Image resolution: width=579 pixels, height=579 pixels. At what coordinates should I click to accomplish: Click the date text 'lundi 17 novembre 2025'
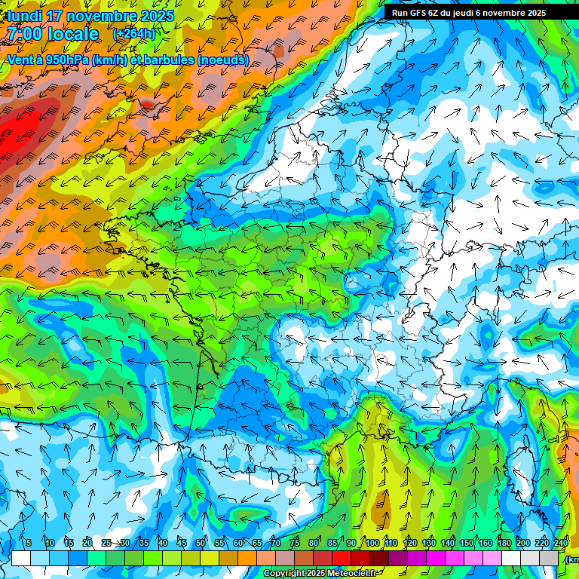90,16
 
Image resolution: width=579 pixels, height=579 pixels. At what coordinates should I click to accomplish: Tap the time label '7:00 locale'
53,34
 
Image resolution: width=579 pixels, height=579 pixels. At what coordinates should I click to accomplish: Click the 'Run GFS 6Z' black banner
469,13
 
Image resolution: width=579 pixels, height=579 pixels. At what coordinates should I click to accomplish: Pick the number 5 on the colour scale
29,544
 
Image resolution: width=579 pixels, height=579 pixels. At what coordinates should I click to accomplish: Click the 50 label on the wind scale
201,544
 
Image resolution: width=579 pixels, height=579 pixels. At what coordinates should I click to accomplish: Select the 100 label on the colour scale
372,544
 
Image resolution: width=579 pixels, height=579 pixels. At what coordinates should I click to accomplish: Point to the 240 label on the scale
561,544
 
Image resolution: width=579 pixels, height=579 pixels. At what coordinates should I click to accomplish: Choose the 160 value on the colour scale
486,544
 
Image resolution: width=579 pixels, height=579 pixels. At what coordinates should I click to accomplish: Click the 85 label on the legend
332,544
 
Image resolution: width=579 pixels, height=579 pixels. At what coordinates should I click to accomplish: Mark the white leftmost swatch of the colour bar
20,559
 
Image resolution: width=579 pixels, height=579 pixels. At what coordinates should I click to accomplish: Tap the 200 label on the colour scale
523,544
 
